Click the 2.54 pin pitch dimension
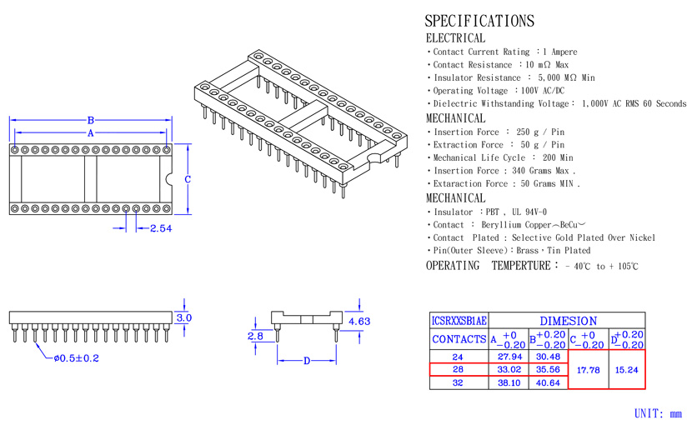[x=161, y=228]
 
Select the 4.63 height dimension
[x=359, y=322]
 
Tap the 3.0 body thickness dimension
[x=184, y=318]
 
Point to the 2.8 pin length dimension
[x=255, y=336]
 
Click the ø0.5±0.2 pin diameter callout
[x=77, y=358]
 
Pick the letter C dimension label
[x=188, y=179]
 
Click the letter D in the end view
[x=307, y=361]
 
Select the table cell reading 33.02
[x=509, y=369]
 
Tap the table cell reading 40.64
[x=548, y=382]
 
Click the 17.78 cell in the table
[x=589, y=370]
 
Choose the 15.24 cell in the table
[x=627, y=370]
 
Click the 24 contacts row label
[x=458, y=357]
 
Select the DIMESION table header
[x=569, y=321]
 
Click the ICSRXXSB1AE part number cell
[x=459, y=321]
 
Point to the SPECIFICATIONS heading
[x=479, y=21]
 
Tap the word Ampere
[x=564, y=52]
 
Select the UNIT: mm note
[x=658, y=413]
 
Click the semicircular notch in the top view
[x=168, y=179]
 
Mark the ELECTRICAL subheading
[x=455, y=38]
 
